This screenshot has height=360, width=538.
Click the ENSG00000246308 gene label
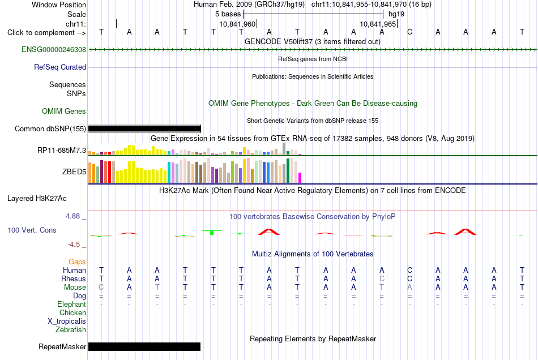[54, 49]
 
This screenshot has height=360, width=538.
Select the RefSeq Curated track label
[60, 67]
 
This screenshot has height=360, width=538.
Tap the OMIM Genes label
[64, 111]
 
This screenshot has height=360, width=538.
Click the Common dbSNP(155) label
[50, 128]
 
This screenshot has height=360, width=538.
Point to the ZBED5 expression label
[74, 172]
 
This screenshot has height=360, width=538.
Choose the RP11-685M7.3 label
[62, 150]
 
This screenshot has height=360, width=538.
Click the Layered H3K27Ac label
[37, 198]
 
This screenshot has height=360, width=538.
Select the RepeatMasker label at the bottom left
[62, 346]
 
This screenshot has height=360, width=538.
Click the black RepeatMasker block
[144, 346]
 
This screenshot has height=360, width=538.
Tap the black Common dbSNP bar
[144, 129]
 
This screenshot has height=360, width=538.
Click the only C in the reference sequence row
[409, 32]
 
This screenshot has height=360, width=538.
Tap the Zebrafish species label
[71, 329]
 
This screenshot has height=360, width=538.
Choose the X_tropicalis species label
[67, 322]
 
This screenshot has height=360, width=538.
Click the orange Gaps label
[77, 262]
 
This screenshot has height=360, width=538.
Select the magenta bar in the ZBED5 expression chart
[300, 178]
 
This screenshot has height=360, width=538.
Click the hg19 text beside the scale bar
[396, 14]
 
